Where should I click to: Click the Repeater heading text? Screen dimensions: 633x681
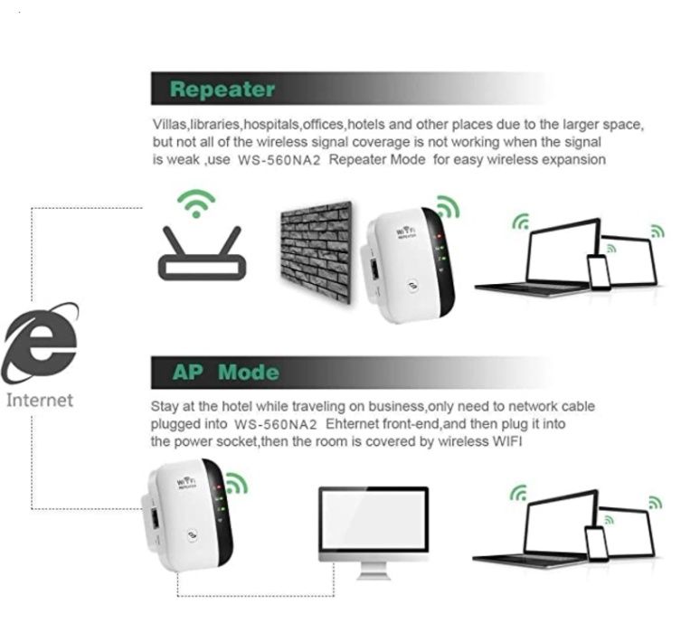pyautogui.click(x=222, y=90)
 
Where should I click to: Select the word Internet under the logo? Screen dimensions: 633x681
pyautogui.click(x=40, y=400)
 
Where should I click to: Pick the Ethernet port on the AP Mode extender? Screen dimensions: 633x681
pyautogui.click(x=158, y=520)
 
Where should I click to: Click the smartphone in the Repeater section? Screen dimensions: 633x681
pyautogui.click(x=599, y=270)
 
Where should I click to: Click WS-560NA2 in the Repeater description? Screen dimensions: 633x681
pyautogui.click(x=277, y=160)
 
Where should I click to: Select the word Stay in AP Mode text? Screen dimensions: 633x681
pyautogui.click(x=166, y=406)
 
